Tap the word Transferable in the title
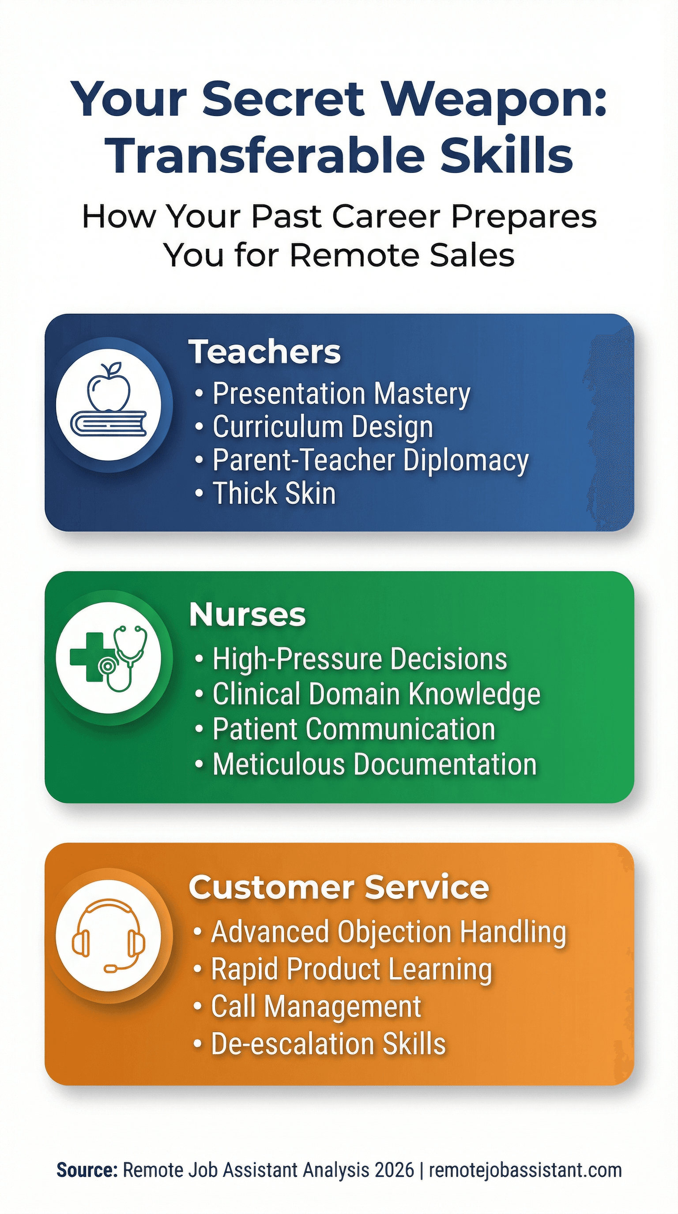[264, 156]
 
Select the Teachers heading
[264, 352]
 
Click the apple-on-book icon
[109, 405]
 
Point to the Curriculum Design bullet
[322, 427]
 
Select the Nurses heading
[248, 615]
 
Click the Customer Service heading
[339, 888]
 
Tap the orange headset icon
[109, 936]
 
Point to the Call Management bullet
[316, 1007]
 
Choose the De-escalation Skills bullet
[328, 1043]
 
